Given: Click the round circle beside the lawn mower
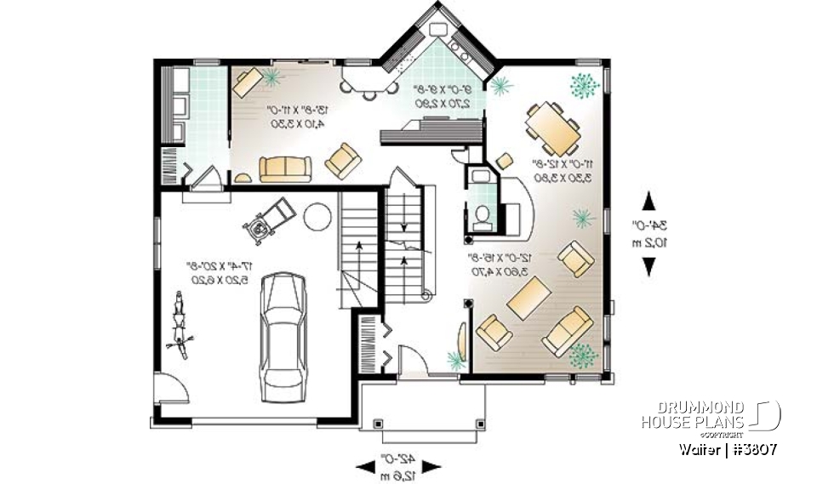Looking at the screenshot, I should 316,216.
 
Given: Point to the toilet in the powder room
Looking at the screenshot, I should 482,217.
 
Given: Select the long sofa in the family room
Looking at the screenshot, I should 286,169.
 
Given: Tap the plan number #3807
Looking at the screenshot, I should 752,448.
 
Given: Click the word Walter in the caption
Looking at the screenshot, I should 699,448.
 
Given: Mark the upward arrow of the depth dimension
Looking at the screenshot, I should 649,201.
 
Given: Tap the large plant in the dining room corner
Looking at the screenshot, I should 583,84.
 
